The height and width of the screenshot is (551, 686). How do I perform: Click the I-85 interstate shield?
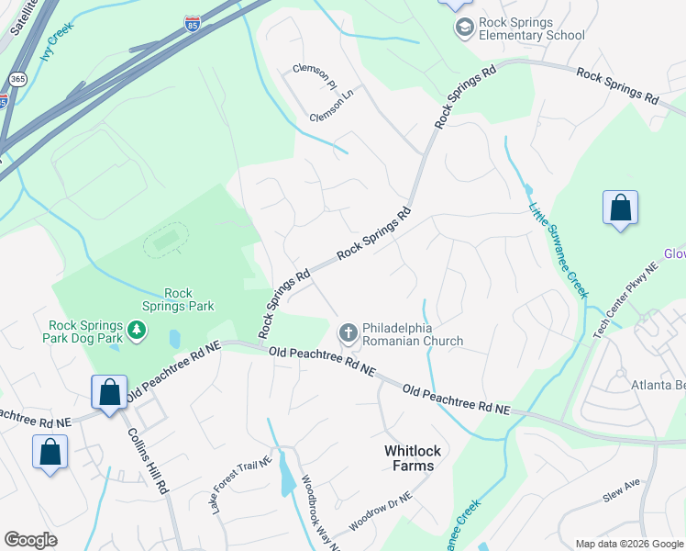tap(193, 23)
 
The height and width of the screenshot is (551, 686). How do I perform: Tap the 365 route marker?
tap(17, 80)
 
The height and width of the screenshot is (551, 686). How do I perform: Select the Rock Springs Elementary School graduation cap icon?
tap(464, 28)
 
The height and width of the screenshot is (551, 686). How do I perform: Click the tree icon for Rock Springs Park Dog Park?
tap(137, 329)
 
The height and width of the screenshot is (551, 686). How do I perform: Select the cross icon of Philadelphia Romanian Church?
tap(348, 333)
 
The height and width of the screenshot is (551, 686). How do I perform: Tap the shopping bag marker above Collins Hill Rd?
tap(109, 393)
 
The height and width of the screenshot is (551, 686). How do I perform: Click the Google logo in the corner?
tap(30, 540)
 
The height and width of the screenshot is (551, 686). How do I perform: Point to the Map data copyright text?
tap(628, 544)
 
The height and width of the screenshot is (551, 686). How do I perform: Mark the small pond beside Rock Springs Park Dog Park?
tap(174, 339)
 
